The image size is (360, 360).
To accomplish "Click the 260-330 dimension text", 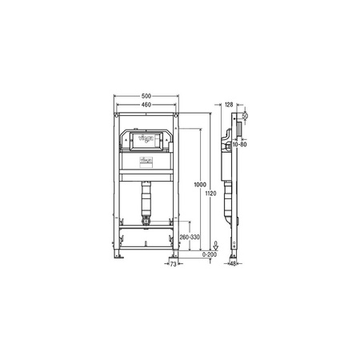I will point(190,238).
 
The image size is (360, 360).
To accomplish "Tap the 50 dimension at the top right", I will point(245,118).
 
